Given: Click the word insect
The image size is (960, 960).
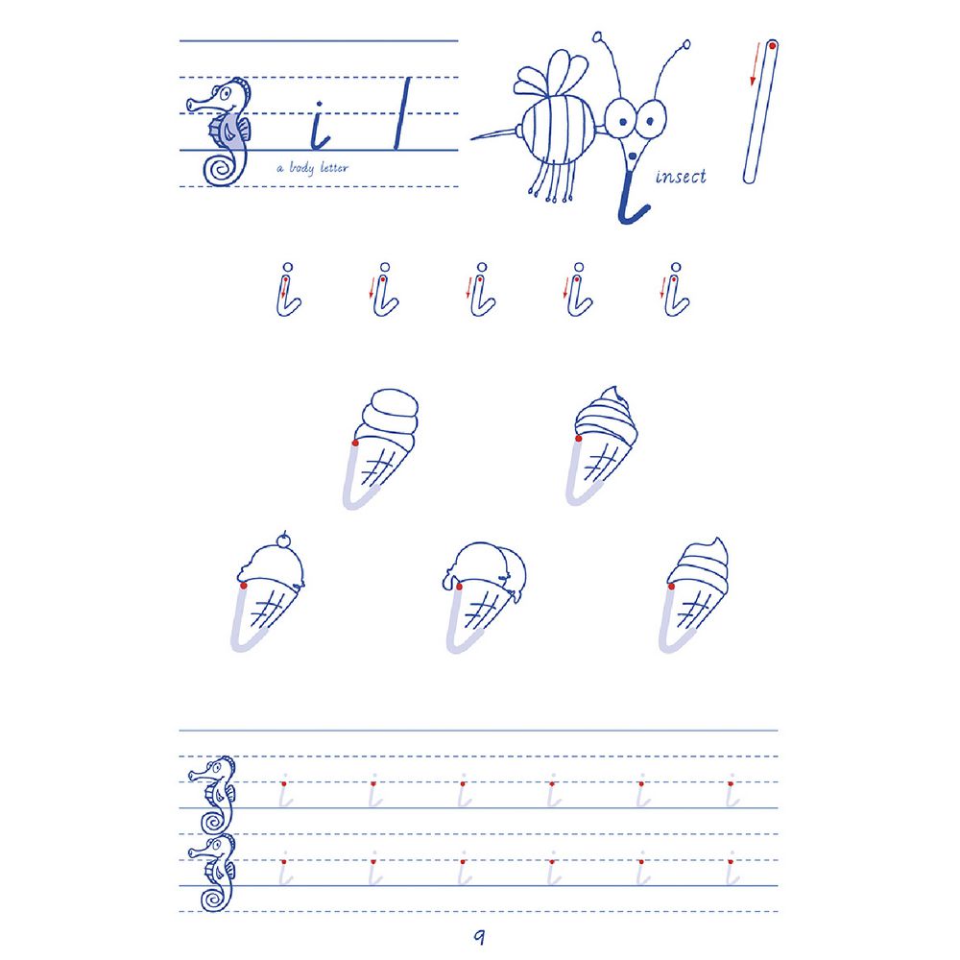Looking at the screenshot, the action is pyautogui.click(x=681, y=177).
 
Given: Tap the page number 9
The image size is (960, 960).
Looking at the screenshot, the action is pyautogui.click(x=479, y=936).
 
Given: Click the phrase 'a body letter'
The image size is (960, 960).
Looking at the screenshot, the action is pyautogui.click(x=312, y=167).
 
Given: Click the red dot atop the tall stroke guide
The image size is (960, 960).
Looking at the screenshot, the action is pyautogui.click(x=773, y=45).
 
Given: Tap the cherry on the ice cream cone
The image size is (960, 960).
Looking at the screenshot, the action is pyautogui.click(x=282, y=541).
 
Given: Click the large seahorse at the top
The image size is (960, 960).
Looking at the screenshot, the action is pyautogui.click(x=219, y=132).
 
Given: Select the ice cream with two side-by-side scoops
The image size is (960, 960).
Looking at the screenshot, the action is pyautogui.click(x=484, y=596).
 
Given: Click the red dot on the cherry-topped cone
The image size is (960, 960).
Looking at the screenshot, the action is pyautogui.click(x=244, y=586).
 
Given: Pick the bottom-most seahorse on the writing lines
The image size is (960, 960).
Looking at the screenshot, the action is pyautogui.click(x=212, y=873).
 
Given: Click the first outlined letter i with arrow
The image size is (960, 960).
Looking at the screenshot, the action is pyautogui.click(x=288, y=290).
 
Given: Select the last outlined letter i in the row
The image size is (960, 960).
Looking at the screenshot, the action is pyautogui.click(x=676, y=290).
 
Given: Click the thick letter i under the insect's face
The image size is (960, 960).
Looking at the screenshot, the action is pyautogui.click(x=630, y=197).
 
